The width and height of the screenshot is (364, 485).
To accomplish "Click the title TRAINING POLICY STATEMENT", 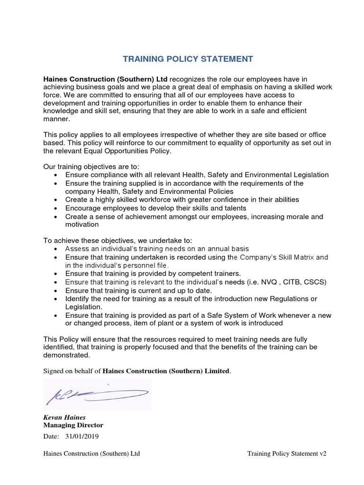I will click(182, 59).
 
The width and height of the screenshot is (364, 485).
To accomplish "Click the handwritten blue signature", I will click(97, 393).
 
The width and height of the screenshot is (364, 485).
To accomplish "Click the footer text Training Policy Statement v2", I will click(287, 454).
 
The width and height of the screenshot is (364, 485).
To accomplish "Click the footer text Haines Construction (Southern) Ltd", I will click(91, 454).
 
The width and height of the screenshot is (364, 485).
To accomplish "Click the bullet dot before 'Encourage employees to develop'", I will click(56, 208).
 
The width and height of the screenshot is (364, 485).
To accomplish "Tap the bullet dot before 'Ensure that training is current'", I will click(56, 291).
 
